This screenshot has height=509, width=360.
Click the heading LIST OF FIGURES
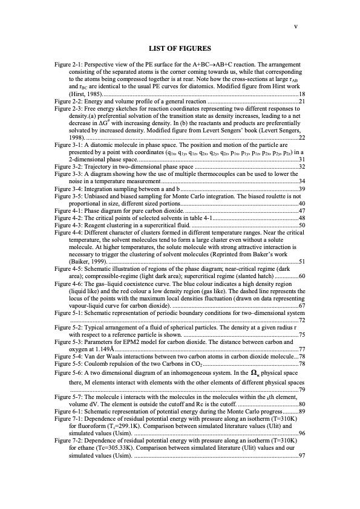pos(179,48)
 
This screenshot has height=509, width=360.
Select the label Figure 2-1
pos(71,63)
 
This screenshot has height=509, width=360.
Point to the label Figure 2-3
pos(71,108)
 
